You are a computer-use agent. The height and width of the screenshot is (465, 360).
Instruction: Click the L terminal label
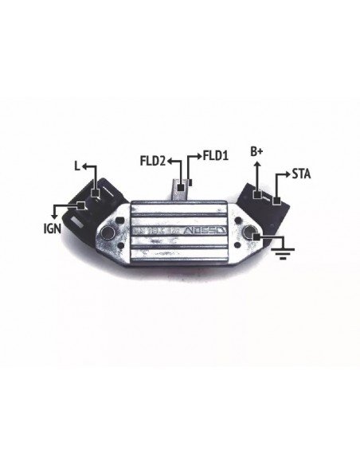(x=76, y=167)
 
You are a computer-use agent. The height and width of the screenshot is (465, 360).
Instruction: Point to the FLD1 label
(x=216, y=155)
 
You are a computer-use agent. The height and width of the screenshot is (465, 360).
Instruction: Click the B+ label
(x=256, y=150)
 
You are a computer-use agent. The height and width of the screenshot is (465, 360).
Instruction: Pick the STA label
(x=301, y=173)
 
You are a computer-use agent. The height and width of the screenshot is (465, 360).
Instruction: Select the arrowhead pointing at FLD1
(x=199, y=155)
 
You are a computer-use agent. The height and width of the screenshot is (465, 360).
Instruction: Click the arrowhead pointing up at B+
(x=256, y=163)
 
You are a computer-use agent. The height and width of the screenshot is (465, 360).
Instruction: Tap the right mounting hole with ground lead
(x=248, y=233)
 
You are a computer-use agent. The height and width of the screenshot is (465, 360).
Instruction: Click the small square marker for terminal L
(x=96, y=193)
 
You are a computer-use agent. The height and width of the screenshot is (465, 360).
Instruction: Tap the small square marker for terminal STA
(x=276, y=200)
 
